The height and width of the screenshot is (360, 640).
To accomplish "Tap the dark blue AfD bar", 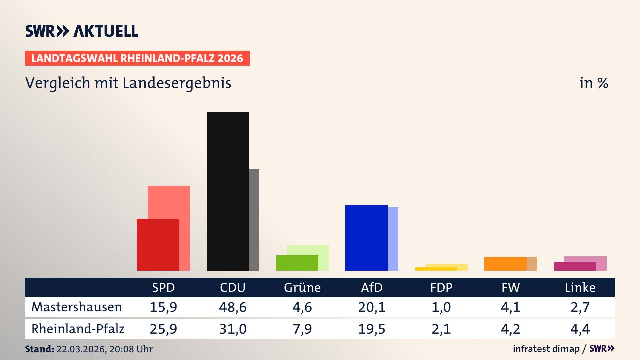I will click(366, 237).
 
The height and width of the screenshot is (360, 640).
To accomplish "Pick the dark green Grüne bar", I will click(297, 263).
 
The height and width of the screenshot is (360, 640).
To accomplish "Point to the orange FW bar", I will click(505, 263).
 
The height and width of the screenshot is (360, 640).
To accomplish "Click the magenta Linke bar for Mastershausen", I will click(574, 266).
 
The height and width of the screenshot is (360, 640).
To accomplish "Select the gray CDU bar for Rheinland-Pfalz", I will click(254, 220).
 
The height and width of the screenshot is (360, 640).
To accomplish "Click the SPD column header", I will click(163, 287).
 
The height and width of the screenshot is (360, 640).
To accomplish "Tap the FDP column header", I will click(441, 287).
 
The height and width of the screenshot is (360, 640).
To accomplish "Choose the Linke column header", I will click(580, 287).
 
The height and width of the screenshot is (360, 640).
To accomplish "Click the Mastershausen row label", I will click(77, 307).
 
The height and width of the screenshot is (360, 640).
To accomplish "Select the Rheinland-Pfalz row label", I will click(78, 329).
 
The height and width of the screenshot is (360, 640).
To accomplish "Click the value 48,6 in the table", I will click(233, 307).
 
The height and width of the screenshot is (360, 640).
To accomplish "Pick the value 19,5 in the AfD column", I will click(372, 329).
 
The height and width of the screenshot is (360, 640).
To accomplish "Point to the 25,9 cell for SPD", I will click(163, 329).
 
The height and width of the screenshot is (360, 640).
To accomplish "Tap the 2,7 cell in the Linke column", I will click(580, 307).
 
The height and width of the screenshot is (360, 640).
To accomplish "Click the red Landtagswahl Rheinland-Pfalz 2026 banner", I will click(137, 58).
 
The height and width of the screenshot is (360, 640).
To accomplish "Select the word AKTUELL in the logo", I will click(105, 31).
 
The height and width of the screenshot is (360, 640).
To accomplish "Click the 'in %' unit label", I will click(593, 83).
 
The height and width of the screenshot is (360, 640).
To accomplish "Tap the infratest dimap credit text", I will click(546, 349).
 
